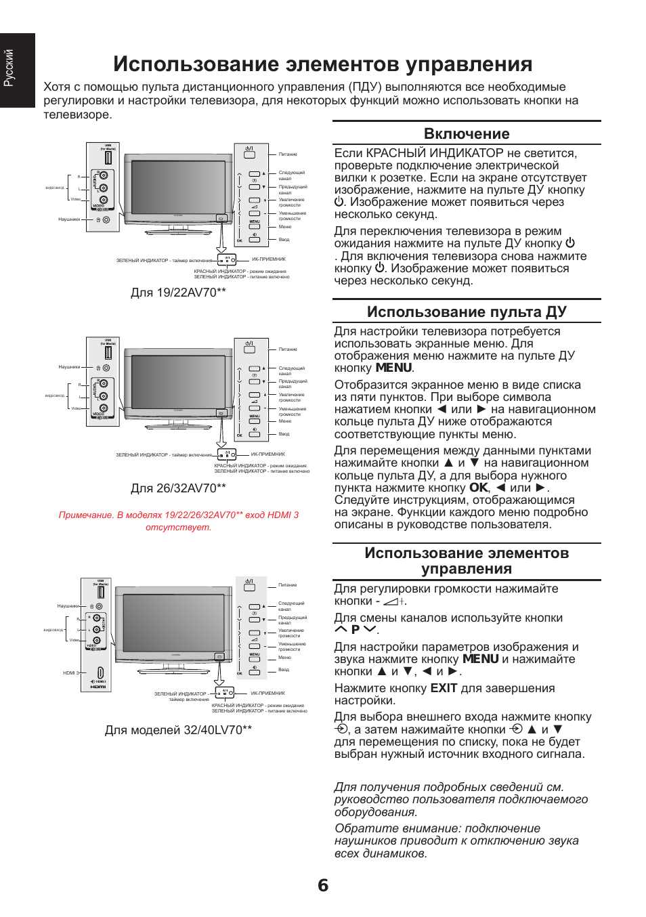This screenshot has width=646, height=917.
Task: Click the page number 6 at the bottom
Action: pyautogui.click(x=323, y=885)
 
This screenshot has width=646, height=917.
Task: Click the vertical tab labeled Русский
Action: pyautogui.click(x=9, y=68)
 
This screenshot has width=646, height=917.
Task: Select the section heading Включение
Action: pyautogui.click(x=467, y=133)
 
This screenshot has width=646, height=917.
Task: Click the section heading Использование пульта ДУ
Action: pyautogui.click(x=467, y=312)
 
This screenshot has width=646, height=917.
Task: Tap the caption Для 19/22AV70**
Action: pyautogui.click(x=178, y=293)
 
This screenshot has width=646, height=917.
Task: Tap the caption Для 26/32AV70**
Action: pyautogui.click(x=178, y=488)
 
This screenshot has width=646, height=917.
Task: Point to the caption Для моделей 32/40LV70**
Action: pyautogui.click(x=178, y=730)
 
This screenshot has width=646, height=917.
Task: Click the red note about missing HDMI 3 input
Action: pyautogui.click(x=178, y=521)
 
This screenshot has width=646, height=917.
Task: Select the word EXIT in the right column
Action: pyautogui.click(x=444, y=688)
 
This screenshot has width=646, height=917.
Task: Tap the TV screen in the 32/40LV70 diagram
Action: pyautogui.click(x=173, y=622)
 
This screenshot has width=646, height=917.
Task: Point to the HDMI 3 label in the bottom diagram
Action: pyautogui.click(x=70, y=673)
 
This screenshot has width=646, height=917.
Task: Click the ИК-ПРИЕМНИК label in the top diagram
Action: pyautogui.click(x=269, y=259)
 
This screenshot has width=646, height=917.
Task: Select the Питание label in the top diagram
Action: pyautogui.click(x=288, y=154)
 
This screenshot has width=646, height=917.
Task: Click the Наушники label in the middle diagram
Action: pyautogui.click(x=69, y=367)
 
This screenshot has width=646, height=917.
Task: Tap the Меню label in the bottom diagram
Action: pyautogui.click(x=284, y=658)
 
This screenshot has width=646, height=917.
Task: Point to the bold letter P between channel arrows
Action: pyautogui.click(x=355, y=630)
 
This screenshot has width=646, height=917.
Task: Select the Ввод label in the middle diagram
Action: pyautogui.click(x=284, y=434)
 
